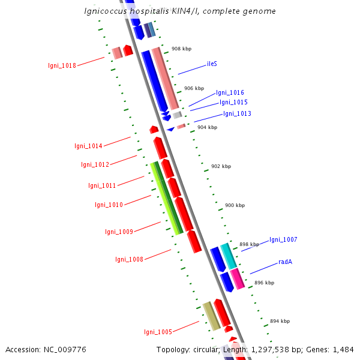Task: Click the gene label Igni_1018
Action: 62,65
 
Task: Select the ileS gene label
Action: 212,63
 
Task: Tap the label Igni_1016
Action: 230,93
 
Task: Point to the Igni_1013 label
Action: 237,114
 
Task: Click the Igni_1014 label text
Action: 88,146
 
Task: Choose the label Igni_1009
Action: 119,232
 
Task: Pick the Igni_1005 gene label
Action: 158,332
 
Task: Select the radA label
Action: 285,262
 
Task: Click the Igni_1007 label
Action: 283,240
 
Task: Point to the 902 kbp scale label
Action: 221,166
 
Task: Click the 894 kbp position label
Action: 280,321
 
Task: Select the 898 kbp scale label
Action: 249,244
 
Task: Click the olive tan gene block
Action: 211,316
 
